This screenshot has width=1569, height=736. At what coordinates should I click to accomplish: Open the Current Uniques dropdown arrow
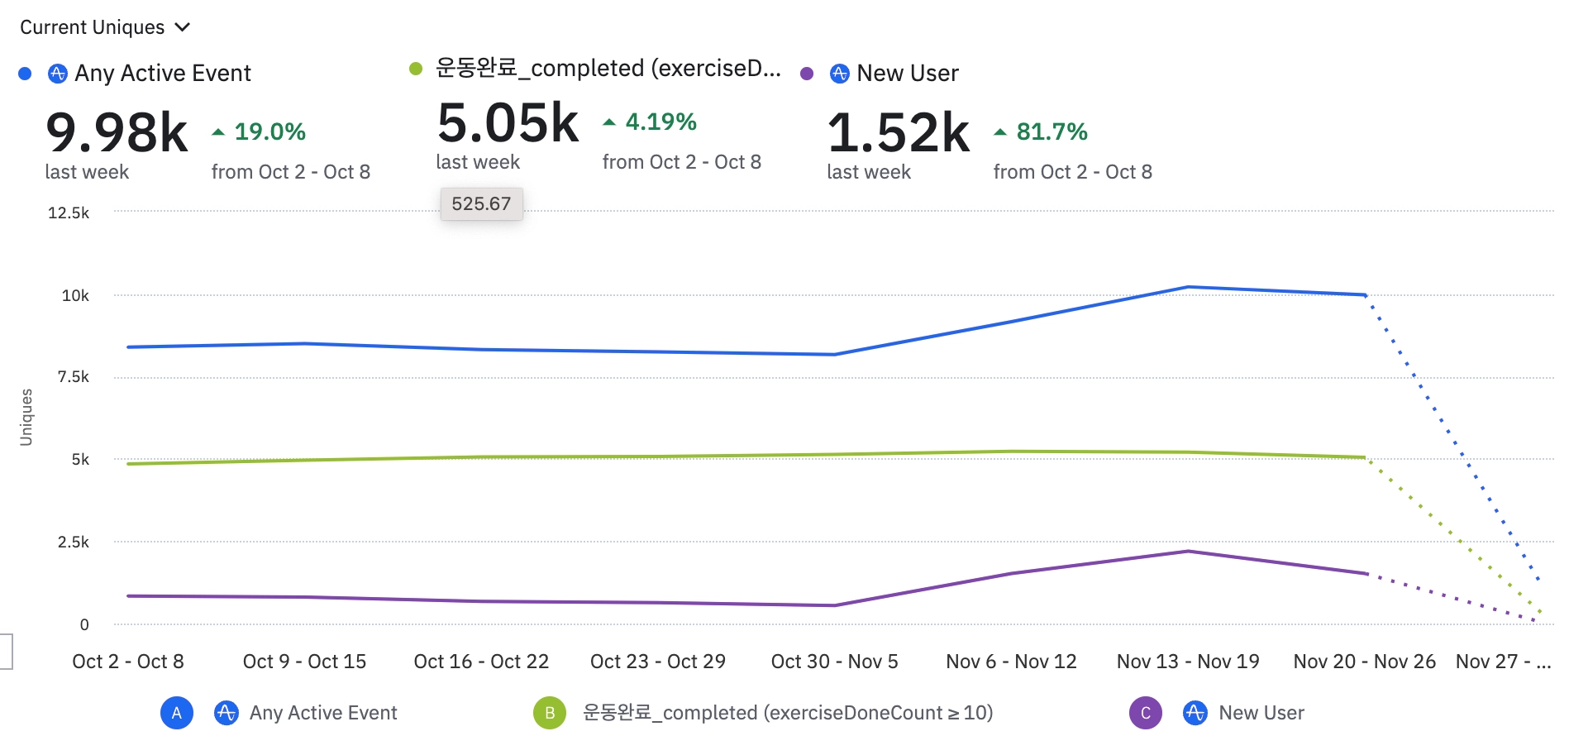[x=183, y=27]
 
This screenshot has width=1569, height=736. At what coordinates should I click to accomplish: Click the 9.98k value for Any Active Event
[x=117, y=132]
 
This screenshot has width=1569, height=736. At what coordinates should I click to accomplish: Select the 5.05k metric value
[x=508, y=123]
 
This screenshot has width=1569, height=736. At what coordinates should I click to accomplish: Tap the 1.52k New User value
[x=898, y=132]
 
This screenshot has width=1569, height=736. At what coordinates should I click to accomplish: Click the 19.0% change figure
[x=269, y=131]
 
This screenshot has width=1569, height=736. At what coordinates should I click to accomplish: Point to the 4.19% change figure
[x=661, y=122]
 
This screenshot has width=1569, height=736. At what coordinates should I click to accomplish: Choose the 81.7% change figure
[x=1052, y=131]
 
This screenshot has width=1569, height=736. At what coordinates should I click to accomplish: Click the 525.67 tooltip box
[x=481, y=203]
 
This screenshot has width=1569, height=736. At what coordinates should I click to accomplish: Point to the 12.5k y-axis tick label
[x=69, y=213]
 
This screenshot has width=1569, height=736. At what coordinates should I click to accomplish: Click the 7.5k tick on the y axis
[x=73, y=377]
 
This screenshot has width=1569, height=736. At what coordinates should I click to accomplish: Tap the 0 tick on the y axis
[x=83, y=625]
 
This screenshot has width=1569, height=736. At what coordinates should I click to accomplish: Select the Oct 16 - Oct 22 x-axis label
[x=481, y=662]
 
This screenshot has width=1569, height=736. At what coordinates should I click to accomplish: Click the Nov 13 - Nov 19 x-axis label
[x=1188, y=662]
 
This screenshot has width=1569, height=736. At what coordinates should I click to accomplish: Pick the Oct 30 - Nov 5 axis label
[x=834, y=662]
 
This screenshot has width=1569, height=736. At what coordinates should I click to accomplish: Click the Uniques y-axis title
[x=26, y=418]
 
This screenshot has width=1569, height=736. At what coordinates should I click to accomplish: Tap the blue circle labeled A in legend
[x=176, y=713]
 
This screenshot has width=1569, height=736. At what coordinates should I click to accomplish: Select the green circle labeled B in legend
[x=550, y=713]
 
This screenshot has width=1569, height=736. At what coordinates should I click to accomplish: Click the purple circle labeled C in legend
[x=1145, y=713]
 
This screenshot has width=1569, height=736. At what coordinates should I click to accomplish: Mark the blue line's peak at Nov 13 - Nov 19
[x=1188, y=287]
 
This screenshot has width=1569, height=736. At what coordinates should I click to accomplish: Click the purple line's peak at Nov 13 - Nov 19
[x=1188, y=552]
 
